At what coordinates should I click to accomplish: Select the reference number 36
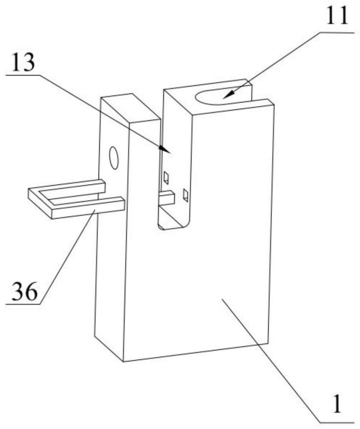pyautogui.click(x=24, y=291)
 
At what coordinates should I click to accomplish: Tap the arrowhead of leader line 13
pyautogui.click(x=165, y=149)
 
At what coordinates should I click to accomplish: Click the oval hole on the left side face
pyautogui.click(x=114, y=158)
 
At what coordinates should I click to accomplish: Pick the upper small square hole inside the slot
pyautogui.click(x=166, y=178)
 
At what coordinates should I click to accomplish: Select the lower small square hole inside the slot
pyautogui.click(x=186, y=195)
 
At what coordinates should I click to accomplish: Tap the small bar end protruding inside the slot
pyautogui.click(x=167, y=198)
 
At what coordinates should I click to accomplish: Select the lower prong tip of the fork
pyautogui.click(x=123, y=204)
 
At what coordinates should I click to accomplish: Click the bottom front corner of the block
pyautogui.click(x=123, y=362)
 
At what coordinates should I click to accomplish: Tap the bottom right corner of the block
pyautogui.click(x=267, y=343)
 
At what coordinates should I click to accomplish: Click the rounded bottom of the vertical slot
pyautogui.click(x=172, y=227)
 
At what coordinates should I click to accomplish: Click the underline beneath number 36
pyautogui.click(x=24, y=304)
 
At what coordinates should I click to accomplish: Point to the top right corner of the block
pyautogui.click(x=274, y=105)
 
